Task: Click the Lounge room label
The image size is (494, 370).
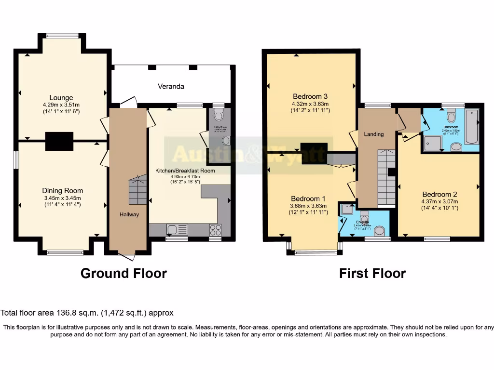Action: pyautogui.click(x=61, y=97)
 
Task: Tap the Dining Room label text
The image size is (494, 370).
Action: pyautogui.click(x=62, y=190)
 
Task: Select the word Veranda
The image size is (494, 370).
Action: pyautogui.click(x=171, y=86)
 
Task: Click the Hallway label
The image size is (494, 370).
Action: pyautogui.click(x=129, y=214)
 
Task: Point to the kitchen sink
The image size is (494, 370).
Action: pyautogui.click(x=173, y=229)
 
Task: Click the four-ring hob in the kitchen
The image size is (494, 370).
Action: pyautogui.click(x=215, y=229)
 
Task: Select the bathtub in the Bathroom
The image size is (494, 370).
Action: pyautogui.click(x=472, y=126)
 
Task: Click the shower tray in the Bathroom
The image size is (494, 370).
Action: pyautogui.click(x=433, y=143)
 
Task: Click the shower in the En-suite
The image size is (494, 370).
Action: pyautogui.click(x=346, y=209)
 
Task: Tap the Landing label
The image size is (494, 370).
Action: pyautogui.click(x=373, y=134)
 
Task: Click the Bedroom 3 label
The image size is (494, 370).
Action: pyautogui.click(x=310, y=96)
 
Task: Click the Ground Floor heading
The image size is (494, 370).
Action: pyautogui.click(x=123, y=273)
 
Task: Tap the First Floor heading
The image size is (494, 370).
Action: pyautogui.click(x=372, y=274)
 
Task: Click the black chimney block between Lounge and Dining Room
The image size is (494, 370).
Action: pyautogui.click(x=59, y=141)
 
